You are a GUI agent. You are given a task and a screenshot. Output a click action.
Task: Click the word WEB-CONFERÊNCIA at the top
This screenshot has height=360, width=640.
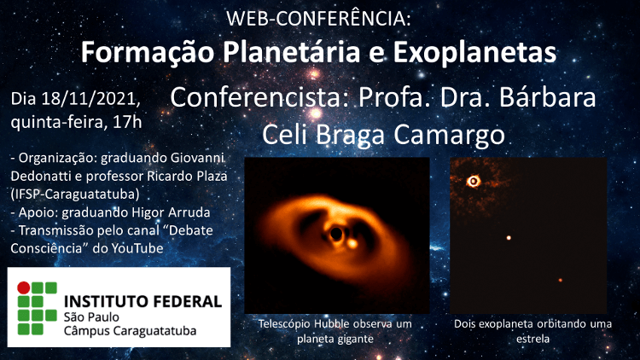(318, 19)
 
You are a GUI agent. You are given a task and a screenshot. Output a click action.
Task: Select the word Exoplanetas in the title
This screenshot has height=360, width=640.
(474, 52)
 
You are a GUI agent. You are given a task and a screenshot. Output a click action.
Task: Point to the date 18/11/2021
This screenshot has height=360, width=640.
(91, 99)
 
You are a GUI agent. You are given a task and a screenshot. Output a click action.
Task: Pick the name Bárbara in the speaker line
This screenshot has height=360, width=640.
(547, 97)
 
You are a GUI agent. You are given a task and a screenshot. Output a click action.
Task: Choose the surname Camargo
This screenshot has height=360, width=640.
(450, 135)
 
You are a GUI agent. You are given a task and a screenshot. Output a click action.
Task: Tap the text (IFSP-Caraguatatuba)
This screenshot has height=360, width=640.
(75, 194)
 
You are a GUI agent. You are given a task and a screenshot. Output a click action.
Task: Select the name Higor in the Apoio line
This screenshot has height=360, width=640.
(147, 212)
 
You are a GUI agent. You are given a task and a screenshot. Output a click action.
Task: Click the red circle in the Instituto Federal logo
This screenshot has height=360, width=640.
(24, 287)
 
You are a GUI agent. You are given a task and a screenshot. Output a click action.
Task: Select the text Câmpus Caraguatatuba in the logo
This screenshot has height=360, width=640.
(131, 331)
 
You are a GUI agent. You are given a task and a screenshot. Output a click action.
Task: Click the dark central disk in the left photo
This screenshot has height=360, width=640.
(336, 234)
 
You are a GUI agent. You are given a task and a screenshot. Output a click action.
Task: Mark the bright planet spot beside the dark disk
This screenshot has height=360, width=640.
(352, 244)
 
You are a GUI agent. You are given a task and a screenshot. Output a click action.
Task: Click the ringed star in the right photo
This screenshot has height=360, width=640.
(474, 181)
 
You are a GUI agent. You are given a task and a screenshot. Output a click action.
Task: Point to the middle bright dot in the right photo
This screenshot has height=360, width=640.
(509, 237)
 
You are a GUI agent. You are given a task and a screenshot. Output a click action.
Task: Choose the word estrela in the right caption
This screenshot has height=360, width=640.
(532, 339)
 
